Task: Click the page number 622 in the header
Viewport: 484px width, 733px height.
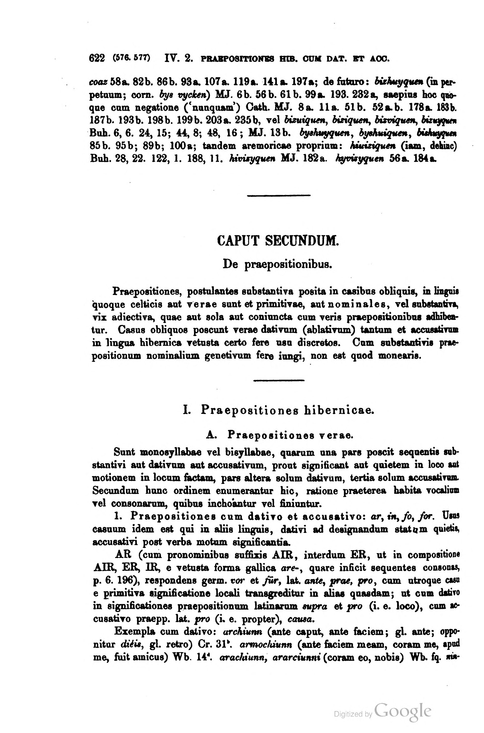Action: pos(96,58)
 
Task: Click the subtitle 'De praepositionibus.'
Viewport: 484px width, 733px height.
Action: pos(277,264)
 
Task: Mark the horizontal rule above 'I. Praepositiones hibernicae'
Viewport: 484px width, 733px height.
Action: pos(279,380)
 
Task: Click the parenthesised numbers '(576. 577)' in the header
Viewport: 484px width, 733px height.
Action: pos(132,58)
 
